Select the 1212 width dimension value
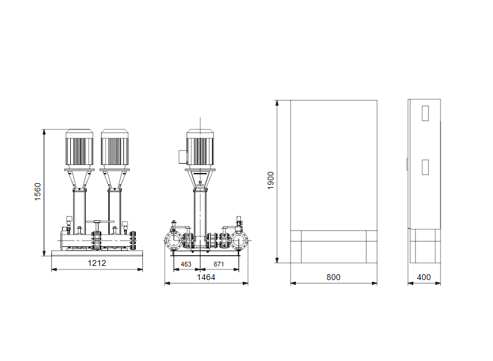[x=97, y=263]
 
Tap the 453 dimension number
[x=185, y=264]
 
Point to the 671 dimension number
[x=219, y=264]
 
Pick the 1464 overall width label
[x=206, y=277]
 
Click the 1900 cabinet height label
[x=271, y=180]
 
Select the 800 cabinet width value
[x=333, y=277]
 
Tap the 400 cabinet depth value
[x=423, y=277]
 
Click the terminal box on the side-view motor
[x=183, y=157]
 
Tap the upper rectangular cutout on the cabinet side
[x=425, y=113]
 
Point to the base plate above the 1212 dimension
[x=97, y=253]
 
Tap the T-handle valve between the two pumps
[x=97, y=223]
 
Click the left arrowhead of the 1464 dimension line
[x=166, y=284]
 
